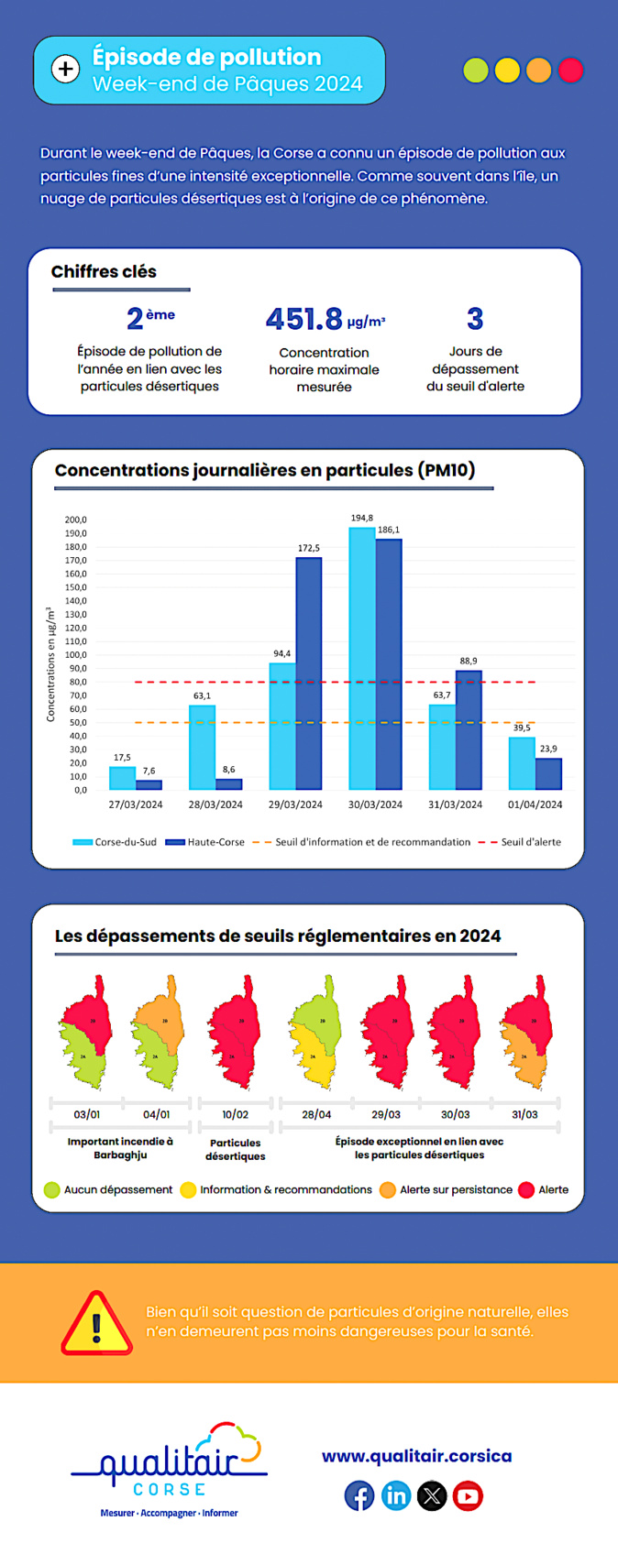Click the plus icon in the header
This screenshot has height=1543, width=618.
[x=65, y=70]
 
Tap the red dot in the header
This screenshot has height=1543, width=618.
[x=570, y=71]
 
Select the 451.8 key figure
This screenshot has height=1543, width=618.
[x=304, y=319]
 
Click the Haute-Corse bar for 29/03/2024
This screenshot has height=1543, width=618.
[x=308, y=673]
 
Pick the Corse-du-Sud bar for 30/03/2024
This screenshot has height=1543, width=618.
[x=362, y=658]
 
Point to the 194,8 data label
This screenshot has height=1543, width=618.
[x=361, y=519]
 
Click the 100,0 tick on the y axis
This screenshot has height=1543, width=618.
[x=75, y=655]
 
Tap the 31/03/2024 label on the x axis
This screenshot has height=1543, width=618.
[x=455, y=804]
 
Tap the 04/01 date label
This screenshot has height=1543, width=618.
[x=156, y=1115]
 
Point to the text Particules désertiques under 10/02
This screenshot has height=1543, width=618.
[x=235, y=1150]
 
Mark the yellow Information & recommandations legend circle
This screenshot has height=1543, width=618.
[x=188, y=1190]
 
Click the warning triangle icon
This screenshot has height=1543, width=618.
[x=96, y=1324]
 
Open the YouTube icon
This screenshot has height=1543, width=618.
[x=468, y=1496]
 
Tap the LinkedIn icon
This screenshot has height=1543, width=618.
[x=396, y=1496]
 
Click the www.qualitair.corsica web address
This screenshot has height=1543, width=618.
[x=416, y=1456]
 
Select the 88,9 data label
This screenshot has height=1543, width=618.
[x=468, y=661]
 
